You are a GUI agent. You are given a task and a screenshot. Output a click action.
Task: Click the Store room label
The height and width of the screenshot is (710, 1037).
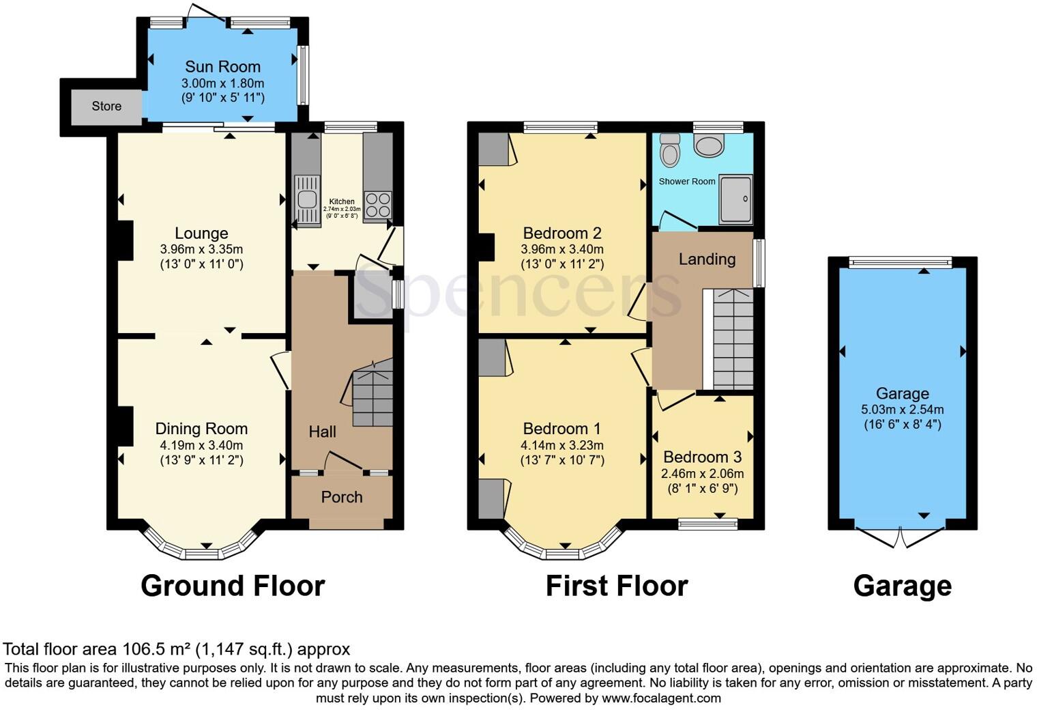click(x=106, y=106)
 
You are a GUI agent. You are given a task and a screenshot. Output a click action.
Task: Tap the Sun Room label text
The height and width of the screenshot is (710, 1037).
click(x=222, y=67)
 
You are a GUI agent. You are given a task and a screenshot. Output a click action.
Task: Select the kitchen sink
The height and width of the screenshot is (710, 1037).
click(x=306, y=199)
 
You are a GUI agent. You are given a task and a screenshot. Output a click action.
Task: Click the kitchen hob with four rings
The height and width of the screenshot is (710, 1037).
click(x=377, y=203)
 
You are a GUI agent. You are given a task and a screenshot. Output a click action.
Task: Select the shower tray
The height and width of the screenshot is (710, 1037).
click(x=735, y=199)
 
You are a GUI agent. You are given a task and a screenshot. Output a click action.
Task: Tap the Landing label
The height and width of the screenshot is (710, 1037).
click(x=707, y=259)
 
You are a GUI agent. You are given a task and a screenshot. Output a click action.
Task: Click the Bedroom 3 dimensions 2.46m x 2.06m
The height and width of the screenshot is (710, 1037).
click(x=702, y=473)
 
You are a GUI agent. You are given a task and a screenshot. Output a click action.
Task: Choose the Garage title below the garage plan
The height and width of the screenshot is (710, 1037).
click(x=902, y=586)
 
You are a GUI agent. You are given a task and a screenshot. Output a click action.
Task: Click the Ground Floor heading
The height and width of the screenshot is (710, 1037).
click(x=233, y=586)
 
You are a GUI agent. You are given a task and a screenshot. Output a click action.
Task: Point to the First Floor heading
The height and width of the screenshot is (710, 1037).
click(x=616, y=586)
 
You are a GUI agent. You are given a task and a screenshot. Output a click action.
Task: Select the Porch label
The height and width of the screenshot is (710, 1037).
click(x=341, y=497)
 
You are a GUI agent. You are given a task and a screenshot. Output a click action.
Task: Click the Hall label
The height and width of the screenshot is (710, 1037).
click(x=322, y=431)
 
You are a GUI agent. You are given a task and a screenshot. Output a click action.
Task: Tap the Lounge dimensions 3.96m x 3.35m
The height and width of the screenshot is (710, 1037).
click(x=201, y=249)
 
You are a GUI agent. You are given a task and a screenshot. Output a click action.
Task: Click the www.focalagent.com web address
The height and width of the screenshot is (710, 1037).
click(x=661, y=698)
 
